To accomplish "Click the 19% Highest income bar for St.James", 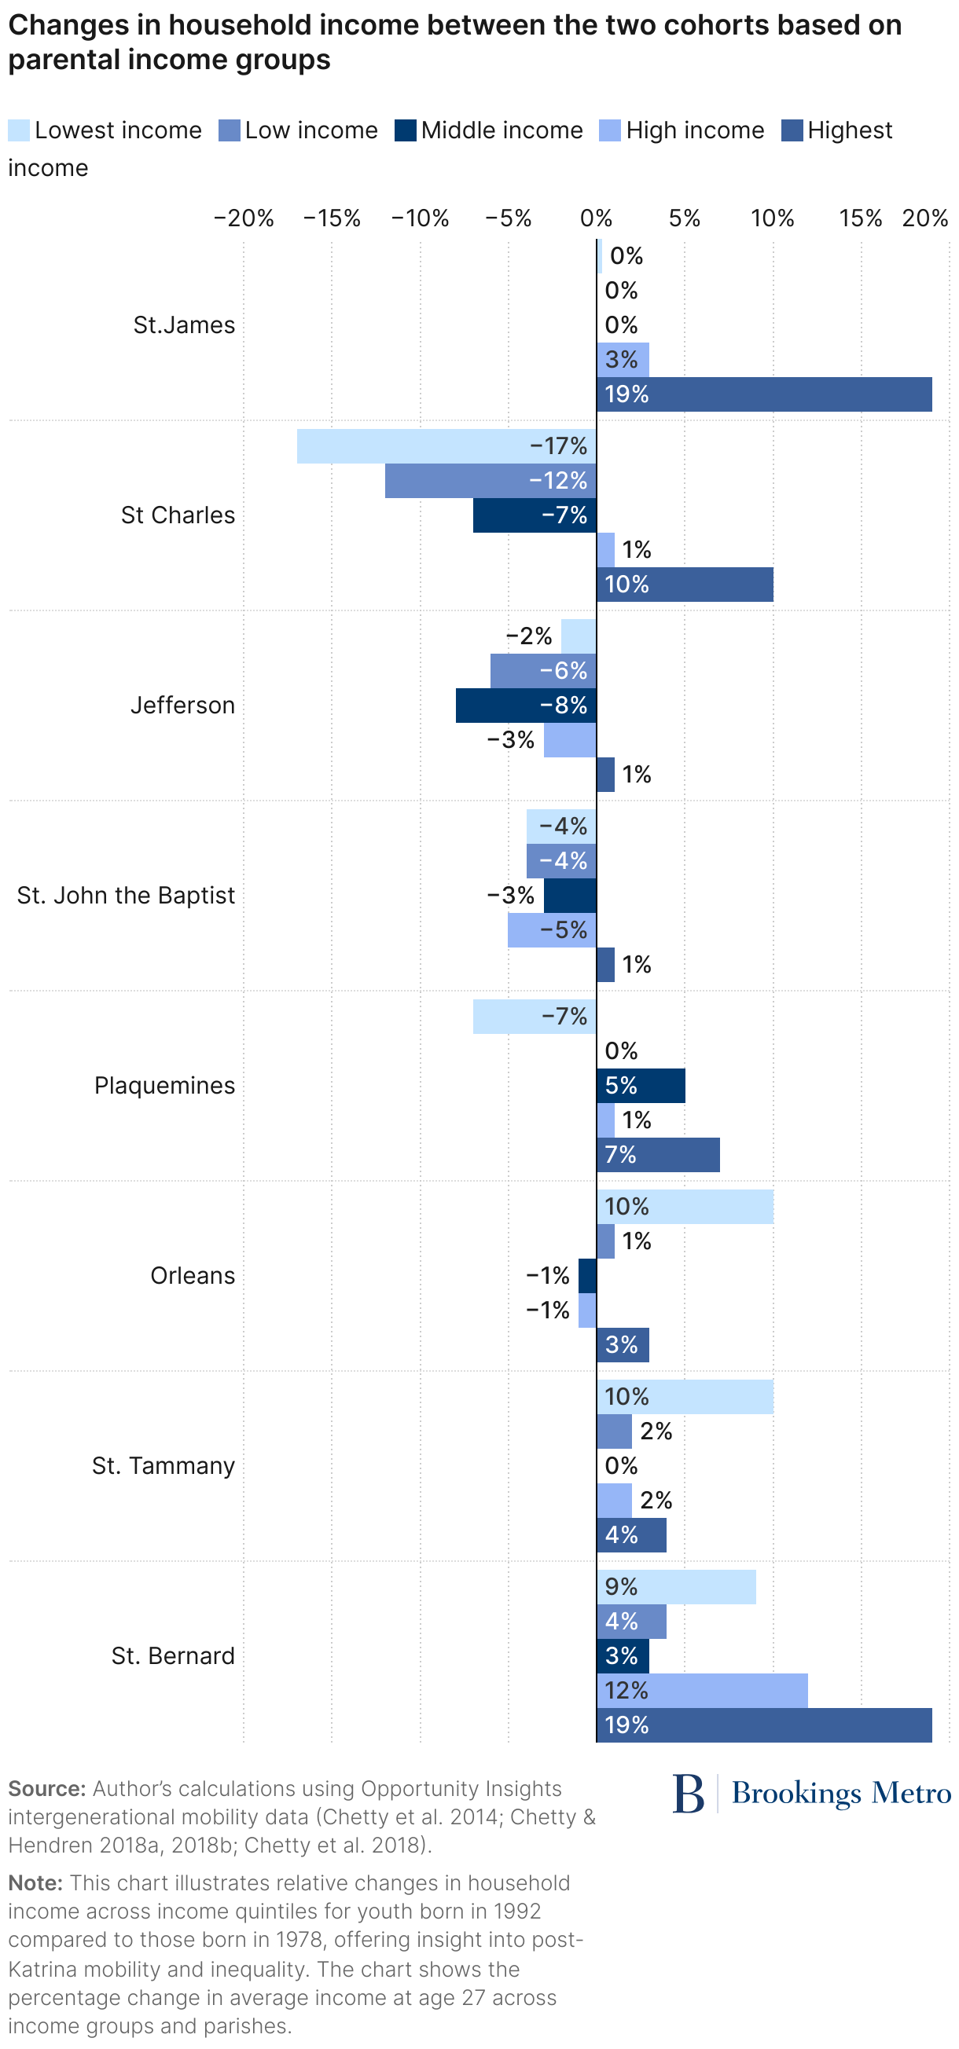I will coord(764,394).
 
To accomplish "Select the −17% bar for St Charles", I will coord(446,446).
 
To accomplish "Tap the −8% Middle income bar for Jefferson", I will coord(525,706).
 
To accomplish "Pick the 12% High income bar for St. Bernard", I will coord(702,1690).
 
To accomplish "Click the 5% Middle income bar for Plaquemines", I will coord(641,1086).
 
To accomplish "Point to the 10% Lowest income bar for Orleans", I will coord(685,1207).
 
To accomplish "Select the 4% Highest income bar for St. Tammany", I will coord(631,1535).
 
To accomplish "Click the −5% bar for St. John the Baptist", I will coord(552,930).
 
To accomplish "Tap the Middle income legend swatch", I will coord(405,130).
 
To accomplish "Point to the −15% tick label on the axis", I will coord(331,218).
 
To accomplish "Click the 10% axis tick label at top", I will coord(772,218).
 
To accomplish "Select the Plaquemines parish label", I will coord(164,1086).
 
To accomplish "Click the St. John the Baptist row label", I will coord(126,896).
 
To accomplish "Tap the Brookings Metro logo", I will coord(812,1794).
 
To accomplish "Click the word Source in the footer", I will coord(46,1789).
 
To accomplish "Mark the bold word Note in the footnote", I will coord(35,1883).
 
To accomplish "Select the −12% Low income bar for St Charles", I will coord(491,482).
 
